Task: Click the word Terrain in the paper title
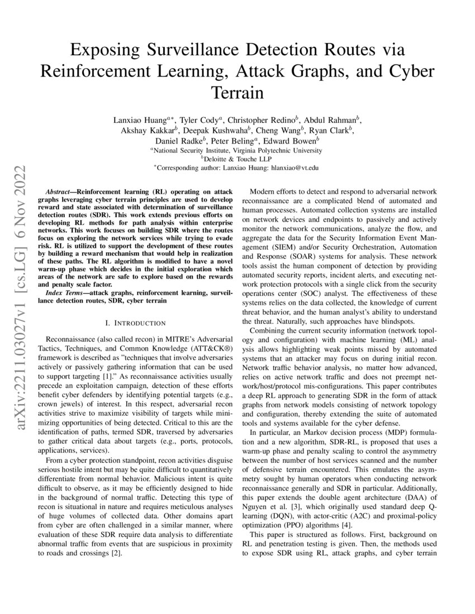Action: pyautogui.click(x=237, y=92)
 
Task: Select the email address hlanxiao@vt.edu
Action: pyautogui.click(x=298, y=167)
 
